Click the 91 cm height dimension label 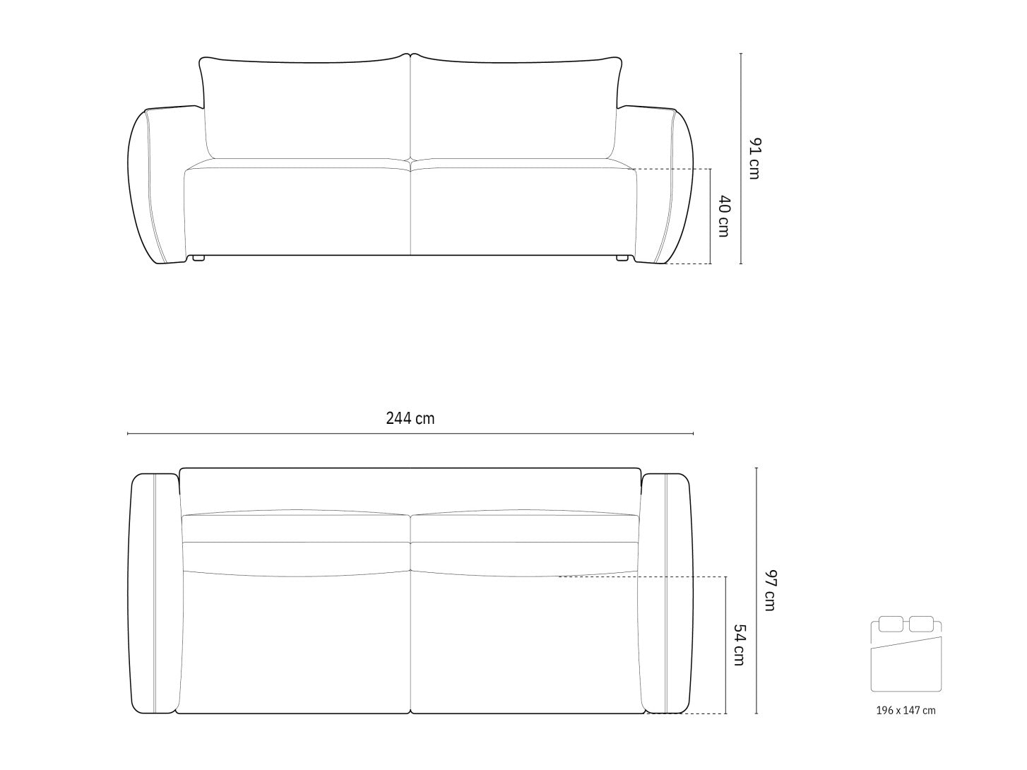[754, 158]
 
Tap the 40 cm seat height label [723, 215]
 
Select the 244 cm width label [410, 418]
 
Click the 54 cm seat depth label [739, 645]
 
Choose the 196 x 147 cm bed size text [906, 711]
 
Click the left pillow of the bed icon [891, 624]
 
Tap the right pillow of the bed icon [921, 624]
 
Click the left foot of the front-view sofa [198, 257]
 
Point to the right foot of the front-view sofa [622, 257]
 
